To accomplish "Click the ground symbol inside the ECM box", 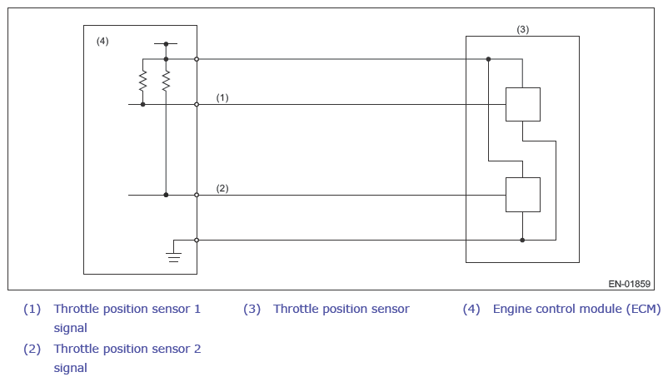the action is (173, 257).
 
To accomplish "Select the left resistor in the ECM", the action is (142, 81).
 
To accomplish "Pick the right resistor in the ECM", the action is (166, 81).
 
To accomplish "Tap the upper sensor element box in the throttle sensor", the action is (523, 104).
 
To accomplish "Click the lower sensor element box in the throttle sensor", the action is (523, 195).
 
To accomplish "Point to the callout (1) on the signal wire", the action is (222, 97).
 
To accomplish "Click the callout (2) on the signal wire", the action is (222, 188).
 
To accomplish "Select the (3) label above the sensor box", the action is (523, 29).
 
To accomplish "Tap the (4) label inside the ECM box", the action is (102, 41).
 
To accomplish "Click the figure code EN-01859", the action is (629, 284).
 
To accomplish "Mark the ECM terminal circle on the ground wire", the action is (197, 241).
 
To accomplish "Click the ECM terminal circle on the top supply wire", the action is (197, 59).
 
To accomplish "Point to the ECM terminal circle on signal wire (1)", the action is (197, 104).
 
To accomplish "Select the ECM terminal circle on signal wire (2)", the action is (197, 195).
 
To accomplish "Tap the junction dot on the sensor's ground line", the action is (522, 241).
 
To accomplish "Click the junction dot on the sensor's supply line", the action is (488, 59).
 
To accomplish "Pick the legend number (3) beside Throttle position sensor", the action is (252, 309).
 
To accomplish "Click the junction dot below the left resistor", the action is (142, 104).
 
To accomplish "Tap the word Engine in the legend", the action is (510, 310).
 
